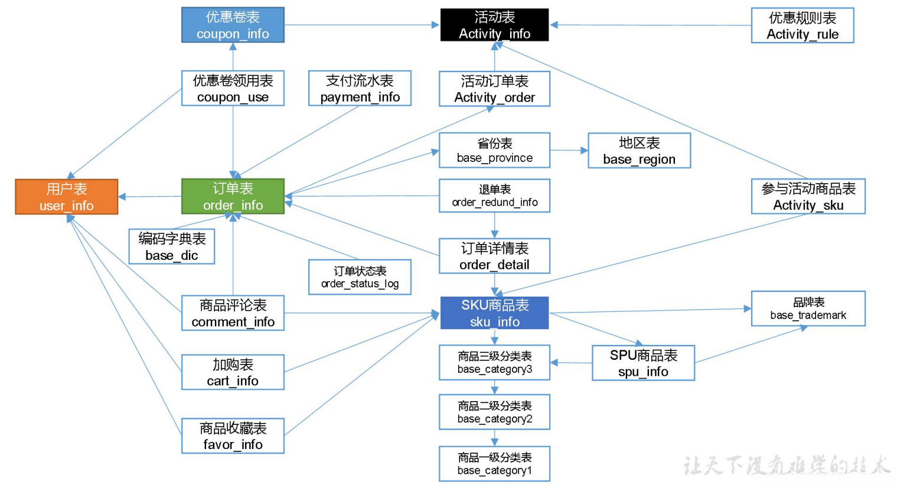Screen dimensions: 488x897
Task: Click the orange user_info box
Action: tap(66, 197)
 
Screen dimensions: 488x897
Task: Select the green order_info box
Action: tap(233, 196)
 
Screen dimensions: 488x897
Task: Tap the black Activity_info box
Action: tap(494, 25)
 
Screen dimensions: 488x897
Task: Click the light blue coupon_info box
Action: tap(233, 25)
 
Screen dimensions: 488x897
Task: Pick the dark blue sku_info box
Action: tap(494, 313)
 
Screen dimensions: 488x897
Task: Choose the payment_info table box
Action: tap(360, 89)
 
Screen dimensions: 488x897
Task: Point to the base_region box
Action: tap(639, 151)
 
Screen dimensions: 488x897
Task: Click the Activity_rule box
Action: tap(802, 25)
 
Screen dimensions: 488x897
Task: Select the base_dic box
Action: tap(171, 246)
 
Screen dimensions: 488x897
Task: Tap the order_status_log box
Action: tap(360, 277)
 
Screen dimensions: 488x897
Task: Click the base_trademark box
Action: tap(808, 308)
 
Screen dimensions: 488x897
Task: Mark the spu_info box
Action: tap(643, 363)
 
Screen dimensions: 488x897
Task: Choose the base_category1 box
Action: tap(494, 464)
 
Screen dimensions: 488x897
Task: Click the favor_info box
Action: tap(233, 436)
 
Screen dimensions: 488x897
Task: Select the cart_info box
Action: tap(233, 372)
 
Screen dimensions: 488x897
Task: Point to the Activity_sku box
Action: tap(808, 196)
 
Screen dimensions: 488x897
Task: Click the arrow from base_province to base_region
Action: tap(569, 151)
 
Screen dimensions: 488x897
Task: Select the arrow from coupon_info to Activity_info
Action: tap(361, 25)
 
